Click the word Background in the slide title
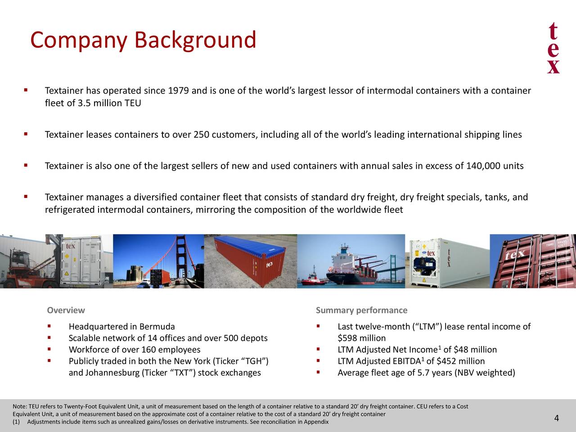195,40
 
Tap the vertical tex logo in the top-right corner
553,49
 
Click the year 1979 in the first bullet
178,91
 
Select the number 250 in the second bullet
201,135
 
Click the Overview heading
66,310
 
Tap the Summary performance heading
361,310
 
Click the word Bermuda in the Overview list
157,327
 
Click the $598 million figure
361,338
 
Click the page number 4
557,418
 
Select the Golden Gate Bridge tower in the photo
180,256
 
